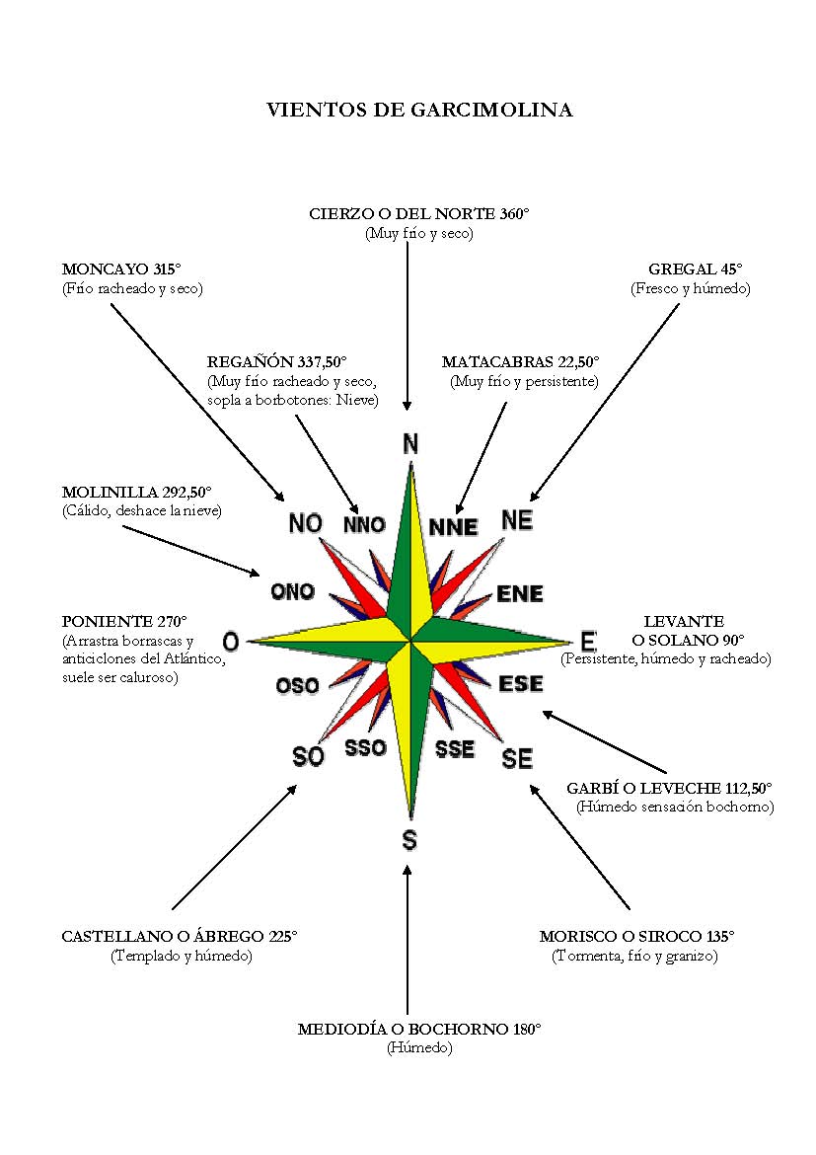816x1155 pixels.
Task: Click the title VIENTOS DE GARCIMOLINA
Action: click(419, 110)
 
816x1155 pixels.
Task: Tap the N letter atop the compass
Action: click(410, 444)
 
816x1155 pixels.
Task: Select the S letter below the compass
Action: click(409, 840)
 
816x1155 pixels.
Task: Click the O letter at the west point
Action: click(231, 642)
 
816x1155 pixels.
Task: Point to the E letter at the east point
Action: click(588, 641)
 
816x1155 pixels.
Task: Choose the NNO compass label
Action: click(364, 524)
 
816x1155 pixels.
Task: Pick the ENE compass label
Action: click(520, 593)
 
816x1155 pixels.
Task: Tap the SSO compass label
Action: click(366, 747)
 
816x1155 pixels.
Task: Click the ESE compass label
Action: click(521, 683)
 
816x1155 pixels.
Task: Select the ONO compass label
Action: click(292, 591)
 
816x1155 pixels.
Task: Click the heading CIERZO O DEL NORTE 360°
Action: click(419, 214)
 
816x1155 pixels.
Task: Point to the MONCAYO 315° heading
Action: click(121, 269)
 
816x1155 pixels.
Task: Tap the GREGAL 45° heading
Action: click(696, 269)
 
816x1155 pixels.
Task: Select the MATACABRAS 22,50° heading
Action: click(521, 361)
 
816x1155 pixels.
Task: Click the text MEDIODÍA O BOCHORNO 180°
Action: click(419, 1029)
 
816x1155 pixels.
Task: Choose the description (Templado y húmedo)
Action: click(182, 957)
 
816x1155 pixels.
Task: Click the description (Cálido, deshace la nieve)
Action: click(142, 510)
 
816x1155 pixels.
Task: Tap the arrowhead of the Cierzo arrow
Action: click(407, 406)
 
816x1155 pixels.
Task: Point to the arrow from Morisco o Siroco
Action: click(579, 848)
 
